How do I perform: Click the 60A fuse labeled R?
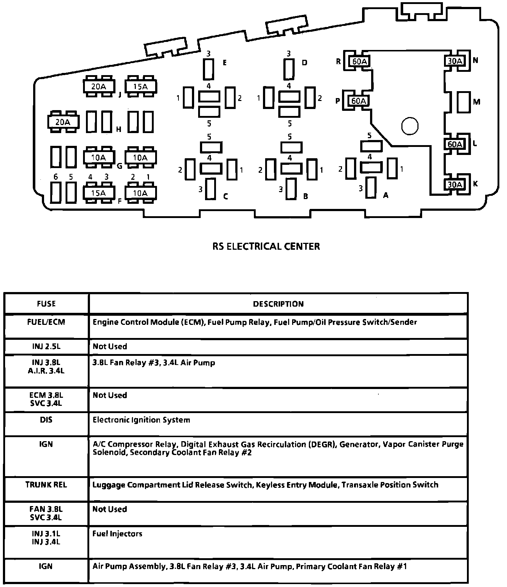359,61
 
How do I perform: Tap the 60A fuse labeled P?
358,101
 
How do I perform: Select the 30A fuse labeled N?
455,61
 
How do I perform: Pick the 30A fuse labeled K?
455,184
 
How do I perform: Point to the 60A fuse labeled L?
455,144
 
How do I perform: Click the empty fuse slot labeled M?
464,102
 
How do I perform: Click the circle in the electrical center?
410,126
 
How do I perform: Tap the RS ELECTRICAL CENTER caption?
266,246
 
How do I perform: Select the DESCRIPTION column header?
278,304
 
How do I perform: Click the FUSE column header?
46,304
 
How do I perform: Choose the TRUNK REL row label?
46,485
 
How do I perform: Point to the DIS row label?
46,420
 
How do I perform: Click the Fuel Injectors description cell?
117,534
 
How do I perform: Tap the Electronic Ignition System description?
141,420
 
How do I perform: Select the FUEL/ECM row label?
46,322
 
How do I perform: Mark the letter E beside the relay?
225,63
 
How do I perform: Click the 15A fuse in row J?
141,87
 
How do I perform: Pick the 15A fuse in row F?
98,193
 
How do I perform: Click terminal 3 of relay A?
371,187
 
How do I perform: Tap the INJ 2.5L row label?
46,346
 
